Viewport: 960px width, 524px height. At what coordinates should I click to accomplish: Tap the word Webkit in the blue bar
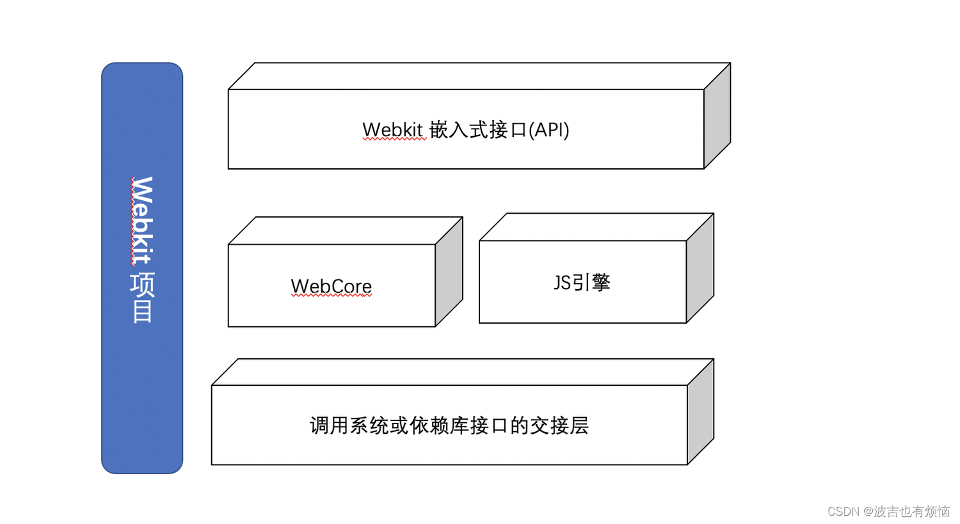click(142, 220)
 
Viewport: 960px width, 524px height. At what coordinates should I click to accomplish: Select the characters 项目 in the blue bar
click(142, 298)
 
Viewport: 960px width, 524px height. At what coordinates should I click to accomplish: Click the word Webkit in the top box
click(393, 130)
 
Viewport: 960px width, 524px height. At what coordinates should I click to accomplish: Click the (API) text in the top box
click(548, 130)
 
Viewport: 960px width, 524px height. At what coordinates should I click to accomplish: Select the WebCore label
click(331, 286)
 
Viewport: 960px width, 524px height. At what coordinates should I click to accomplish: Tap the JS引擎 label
click(582, 282)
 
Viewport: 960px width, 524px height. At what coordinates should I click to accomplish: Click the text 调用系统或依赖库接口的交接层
click(449, 425)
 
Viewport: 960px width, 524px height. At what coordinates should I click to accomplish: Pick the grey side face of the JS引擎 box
click(700, 268)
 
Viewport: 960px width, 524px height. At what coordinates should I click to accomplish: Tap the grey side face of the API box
click(717, 116)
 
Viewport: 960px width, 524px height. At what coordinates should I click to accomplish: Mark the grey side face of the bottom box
click(701, 411)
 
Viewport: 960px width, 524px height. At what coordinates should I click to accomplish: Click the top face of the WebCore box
click(346, 230)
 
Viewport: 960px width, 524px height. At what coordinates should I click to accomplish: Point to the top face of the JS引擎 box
click(596, 227)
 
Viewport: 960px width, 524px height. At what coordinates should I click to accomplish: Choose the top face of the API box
click(479, 76)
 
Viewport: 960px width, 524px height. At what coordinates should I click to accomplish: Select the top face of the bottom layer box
click(463, 372)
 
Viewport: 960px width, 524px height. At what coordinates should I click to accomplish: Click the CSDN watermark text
click(888, 511)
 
